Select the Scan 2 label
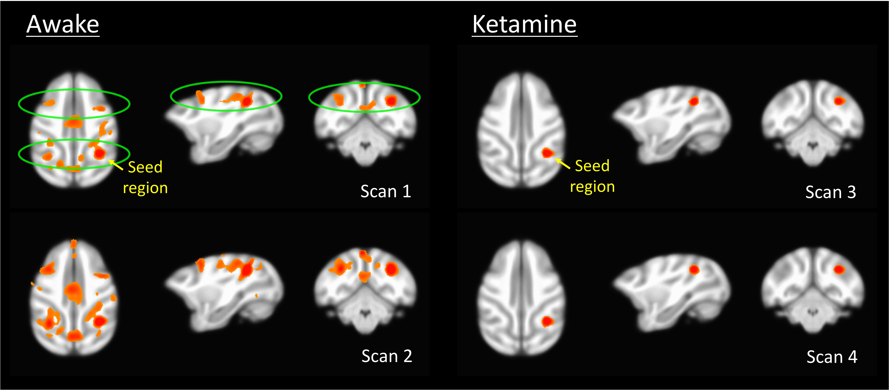(x=387, y=356)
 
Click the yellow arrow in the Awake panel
(x=116, y=165)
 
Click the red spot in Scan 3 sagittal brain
(x=693, y=101)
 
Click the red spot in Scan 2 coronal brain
(x=391, y=269)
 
